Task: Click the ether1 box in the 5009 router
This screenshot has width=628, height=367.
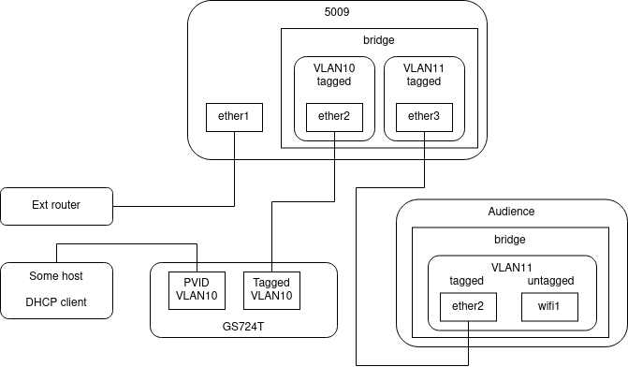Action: [234, 118]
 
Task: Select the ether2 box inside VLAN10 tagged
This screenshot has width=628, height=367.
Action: [334, 118]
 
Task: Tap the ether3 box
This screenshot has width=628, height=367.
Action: [424, 118]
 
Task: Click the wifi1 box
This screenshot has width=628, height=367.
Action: [548, 307]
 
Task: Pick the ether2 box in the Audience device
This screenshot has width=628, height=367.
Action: [468, 307]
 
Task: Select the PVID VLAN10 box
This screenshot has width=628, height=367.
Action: [196, 290]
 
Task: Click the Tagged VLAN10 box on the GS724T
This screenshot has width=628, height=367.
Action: [270, 290]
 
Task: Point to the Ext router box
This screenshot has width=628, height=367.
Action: [56, 206]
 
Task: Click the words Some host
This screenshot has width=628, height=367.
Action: [56, 276]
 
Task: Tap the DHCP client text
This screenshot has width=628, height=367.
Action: [56, 303]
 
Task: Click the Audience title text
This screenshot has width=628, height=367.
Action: [511, 213]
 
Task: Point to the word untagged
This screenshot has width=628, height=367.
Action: [548, 281]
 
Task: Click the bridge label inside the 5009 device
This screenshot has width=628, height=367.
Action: [379, 41]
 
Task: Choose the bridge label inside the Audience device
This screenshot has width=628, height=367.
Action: [510, 240]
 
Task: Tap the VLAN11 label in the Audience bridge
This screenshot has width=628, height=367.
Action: [511, 266]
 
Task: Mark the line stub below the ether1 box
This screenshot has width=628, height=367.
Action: [234, 145]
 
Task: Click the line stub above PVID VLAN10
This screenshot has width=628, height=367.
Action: [196, 267]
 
